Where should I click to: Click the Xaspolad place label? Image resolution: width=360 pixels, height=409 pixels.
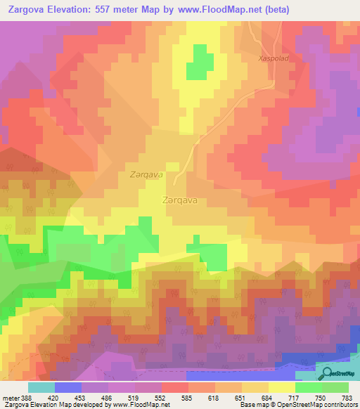point(274,59)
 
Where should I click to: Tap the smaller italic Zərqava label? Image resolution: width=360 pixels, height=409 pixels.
point(146,174)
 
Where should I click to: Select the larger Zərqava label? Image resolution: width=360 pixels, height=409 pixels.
point(179,200)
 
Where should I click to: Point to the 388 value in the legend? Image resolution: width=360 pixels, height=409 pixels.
point(25,398)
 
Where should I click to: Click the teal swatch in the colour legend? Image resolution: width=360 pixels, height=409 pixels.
point(41,387)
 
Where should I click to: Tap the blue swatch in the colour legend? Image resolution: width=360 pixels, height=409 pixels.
point(68,387)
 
